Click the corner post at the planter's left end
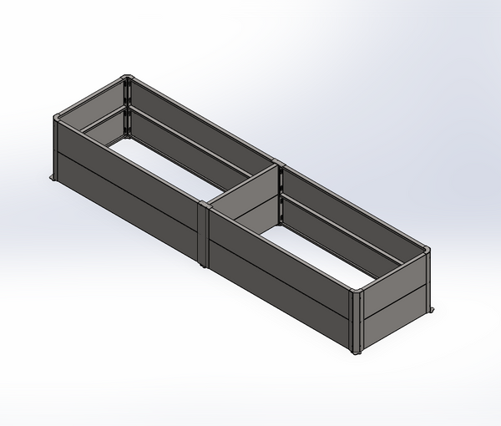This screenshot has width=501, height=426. [57, 146]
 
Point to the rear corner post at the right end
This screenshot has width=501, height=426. [428, 280]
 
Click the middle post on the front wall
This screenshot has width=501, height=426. [205, 234]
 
